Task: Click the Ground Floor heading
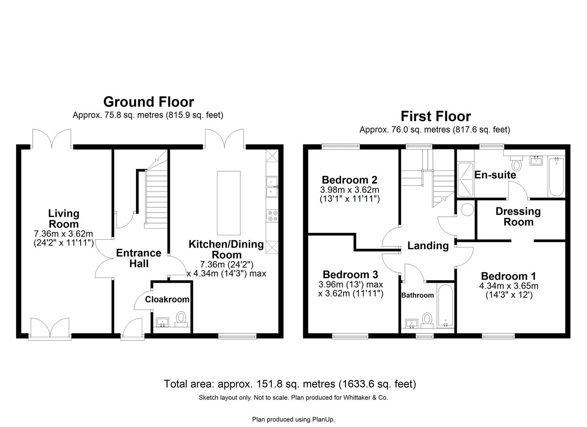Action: coord(148,102)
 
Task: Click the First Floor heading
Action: coord(436,116)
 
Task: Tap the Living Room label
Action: coord(64,219)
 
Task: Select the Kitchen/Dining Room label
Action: coord(226,249)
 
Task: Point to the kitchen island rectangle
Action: coord(228,203)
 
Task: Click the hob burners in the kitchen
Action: coord(272,216)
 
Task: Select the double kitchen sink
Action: coord(272,187)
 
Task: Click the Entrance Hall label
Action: coord(138,258)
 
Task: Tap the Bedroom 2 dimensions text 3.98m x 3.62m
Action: coord(349,190)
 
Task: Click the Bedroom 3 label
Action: coord(350,274)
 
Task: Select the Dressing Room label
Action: coord(518,217)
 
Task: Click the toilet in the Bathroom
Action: coord(427,319)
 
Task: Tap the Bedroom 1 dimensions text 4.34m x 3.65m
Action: coord(508,286)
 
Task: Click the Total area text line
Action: coord(290,384)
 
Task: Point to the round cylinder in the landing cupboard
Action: coord(467,209)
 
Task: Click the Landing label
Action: coord(428,246)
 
